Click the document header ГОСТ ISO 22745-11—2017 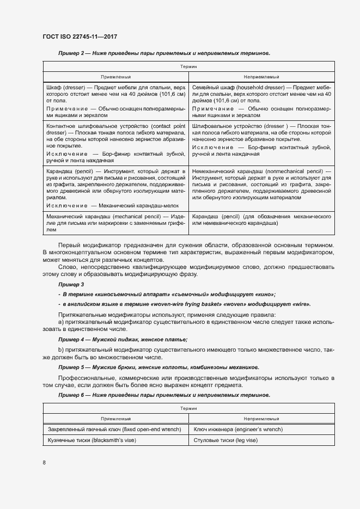tap(80, 37)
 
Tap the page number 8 tap(44, 462)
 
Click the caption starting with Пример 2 tap(164, 53)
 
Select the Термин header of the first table tap(188, 66)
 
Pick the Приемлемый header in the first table tap(115, 77)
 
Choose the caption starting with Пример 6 tap(164, 395)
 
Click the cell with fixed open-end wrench tap(114, 430)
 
